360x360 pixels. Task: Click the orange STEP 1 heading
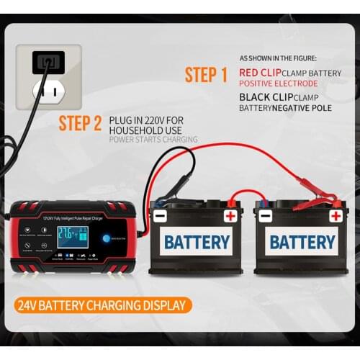tap(206, 75)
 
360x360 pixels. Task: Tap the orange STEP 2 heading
tap(80, 123)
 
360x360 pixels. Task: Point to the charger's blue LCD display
tap(73, 237)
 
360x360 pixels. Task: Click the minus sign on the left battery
tap(160, 215)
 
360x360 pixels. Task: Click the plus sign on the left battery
tap(230, 215)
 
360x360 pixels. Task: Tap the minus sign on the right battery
tap(266, 215)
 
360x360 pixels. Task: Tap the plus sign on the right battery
tap(336, 215)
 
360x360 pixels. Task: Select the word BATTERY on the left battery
tap(197, 241)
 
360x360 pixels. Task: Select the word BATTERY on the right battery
tap(302, 241)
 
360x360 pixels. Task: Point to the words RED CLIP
tap(260, 73)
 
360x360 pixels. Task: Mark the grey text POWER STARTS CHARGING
tap(153, 140)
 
